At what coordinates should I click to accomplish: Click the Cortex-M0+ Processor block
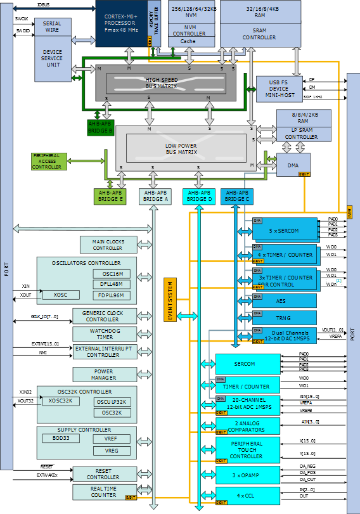121,23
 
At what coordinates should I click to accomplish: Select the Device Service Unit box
52,60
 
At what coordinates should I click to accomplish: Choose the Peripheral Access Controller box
48,162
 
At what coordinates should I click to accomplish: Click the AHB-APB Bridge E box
111,196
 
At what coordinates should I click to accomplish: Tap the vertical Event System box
169,299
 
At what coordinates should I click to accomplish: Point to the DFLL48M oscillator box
112,285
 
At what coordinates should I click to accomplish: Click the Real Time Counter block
104,492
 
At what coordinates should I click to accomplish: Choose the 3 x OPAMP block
248,473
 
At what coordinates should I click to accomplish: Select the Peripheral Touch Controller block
248,449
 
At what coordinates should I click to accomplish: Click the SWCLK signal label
21,19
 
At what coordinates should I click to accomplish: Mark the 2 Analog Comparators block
248,425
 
